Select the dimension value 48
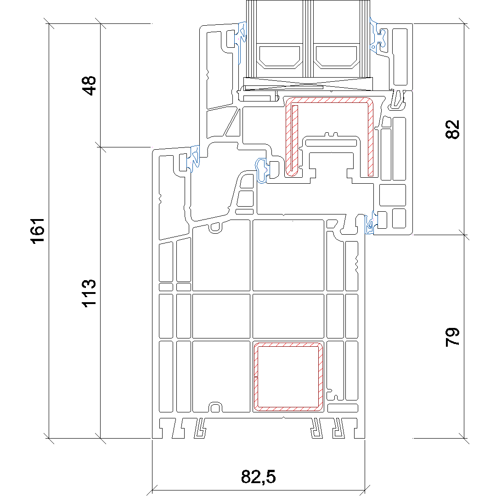89,86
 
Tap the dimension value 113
89,293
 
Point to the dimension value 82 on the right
452,130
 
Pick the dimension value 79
452,337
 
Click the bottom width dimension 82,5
259,476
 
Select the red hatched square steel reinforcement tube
288,377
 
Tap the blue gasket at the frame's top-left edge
194,158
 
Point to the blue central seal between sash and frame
261,171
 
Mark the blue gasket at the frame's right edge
369,224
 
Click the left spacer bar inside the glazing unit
279,57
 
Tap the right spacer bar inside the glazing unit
337,57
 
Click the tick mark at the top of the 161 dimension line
49,24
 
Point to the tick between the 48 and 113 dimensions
100,147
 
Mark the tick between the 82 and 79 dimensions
464,235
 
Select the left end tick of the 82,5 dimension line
152,490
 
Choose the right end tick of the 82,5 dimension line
365,490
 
